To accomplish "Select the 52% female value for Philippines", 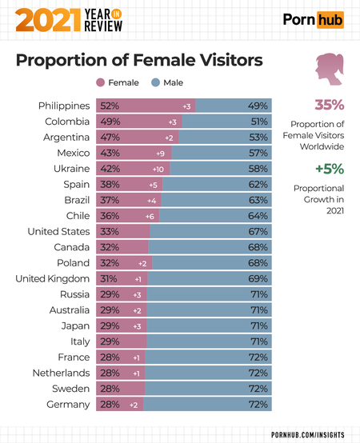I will [x=110, y=106].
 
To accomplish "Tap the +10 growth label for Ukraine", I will [x=158, y=169].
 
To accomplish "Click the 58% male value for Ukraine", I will [x=258, y=169].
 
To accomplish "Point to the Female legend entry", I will [x=118, y=82].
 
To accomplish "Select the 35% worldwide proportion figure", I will [x=328, y=105].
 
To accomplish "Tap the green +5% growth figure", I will [x=328, y=169].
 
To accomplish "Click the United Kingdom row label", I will [x=52, y=278].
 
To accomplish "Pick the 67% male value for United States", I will [x=258, y=231].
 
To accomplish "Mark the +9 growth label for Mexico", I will [x=160, y=153].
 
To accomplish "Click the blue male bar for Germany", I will [x=208, y=405].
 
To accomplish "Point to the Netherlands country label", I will [x=60, y=373].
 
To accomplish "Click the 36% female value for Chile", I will [x=110, y=216].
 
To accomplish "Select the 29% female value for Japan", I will [x=110, y=325].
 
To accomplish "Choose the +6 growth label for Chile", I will [x=149, y=216].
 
